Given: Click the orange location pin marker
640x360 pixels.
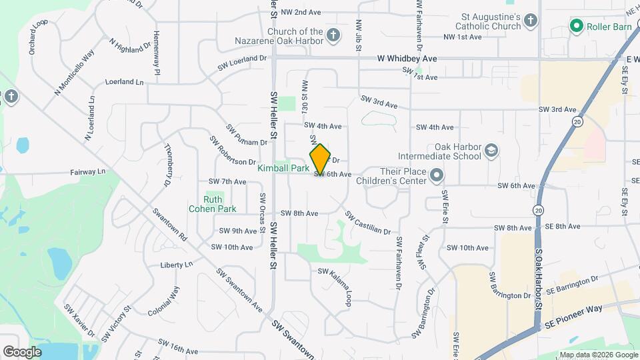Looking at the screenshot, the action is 321,159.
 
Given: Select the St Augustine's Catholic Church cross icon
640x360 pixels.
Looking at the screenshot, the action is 531,20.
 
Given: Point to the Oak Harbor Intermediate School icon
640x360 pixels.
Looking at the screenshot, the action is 491,151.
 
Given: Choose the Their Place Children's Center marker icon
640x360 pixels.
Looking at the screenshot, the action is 437,175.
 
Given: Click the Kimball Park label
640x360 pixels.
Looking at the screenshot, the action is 283,169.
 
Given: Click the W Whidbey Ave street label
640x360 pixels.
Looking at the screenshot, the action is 407,59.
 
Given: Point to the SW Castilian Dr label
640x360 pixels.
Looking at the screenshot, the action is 368,223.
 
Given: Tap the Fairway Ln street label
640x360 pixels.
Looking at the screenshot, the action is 88,172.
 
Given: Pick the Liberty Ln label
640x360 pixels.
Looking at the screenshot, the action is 176,265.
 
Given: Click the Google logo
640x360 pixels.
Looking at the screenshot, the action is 22,351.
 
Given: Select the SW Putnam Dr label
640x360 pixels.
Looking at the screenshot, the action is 247,135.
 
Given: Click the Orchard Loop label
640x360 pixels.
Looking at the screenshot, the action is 38,37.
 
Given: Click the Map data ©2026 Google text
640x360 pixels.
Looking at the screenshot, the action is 598,355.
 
